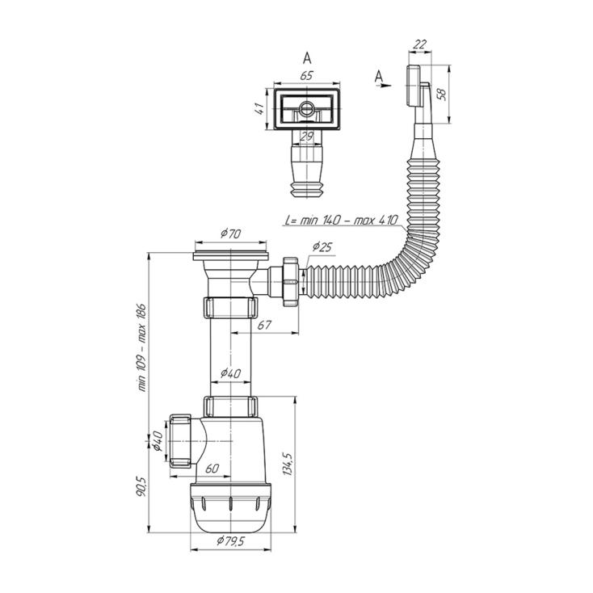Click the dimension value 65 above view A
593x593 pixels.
(306, 76)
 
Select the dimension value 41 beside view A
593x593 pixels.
(260, 109)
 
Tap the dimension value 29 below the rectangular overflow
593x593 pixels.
(306, 137)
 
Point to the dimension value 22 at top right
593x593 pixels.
(419, 44)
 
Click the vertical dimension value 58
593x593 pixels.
(441, 94)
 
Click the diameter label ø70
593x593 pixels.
(231, 233)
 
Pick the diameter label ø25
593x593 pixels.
(322, 247)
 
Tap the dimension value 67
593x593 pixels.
(264, 325)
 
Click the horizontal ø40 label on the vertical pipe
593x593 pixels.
(231, 373)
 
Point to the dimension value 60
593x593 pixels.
(212, 469)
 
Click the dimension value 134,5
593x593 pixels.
(288, 463)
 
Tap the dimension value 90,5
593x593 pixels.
(141, 486)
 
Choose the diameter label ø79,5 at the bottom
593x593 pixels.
(231, 541)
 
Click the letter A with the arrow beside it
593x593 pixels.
(379, 77)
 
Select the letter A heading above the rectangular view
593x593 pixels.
(307, 58)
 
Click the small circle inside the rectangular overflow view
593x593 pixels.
(305, 109)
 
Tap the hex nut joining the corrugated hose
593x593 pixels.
(291, 282)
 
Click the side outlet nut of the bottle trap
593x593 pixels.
(180, 441)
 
